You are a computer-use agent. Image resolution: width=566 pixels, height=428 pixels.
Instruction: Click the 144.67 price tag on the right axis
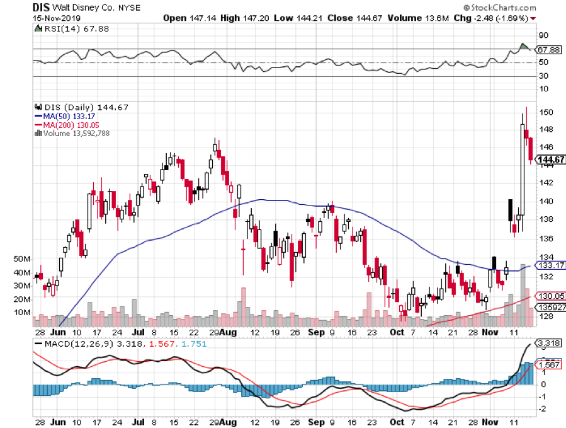click(548, 160)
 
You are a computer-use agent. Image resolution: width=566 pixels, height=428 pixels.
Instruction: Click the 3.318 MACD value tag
click(546, 343)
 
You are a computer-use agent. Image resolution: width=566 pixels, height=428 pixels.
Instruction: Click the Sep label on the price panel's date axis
click(316, 332)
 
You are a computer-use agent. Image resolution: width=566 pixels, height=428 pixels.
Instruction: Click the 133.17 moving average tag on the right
click(548, 265)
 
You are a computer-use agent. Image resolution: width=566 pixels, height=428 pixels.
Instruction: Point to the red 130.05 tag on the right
click(548, 296)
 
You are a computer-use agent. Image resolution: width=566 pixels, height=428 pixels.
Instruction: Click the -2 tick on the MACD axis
click(542, 408)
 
